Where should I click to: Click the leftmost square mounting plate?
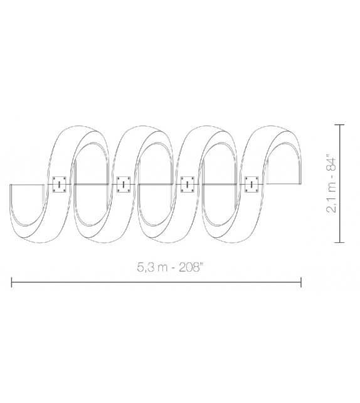coord(60,184)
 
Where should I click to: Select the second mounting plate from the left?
coord(124,184)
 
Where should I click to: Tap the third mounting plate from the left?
coord(188,184)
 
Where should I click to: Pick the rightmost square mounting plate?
coord(252,184)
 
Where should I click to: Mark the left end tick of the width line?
coord(11,282)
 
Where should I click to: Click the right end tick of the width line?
coord(302,282)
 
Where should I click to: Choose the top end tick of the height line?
coord(341,125)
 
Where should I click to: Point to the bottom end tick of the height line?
coord(341,241)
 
